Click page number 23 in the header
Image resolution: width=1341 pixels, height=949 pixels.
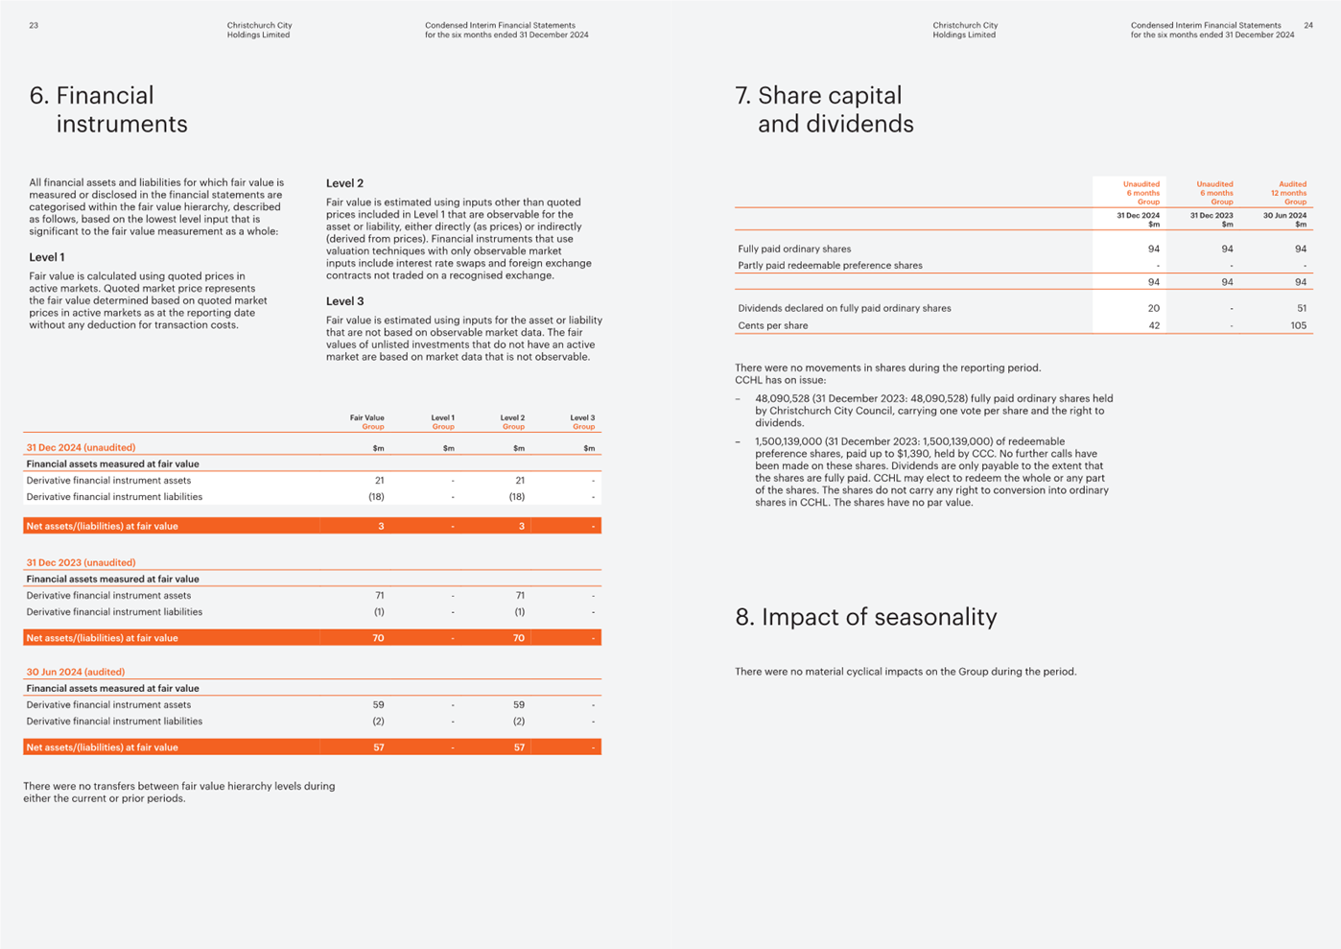tap(34, 25)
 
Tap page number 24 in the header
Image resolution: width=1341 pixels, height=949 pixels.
tap(1308, 25)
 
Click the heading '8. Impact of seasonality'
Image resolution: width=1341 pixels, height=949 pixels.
tap(865, 617)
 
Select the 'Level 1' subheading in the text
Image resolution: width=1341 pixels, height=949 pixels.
tap(47, 257)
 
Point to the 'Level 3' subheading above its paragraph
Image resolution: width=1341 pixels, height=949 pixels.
tap(344, 301)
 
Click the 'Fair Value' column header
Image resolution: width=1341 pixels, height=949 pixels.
tap(367, 417)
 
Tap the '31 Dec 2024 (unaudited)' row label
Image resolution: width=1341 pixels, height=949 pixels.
tap(81, 447)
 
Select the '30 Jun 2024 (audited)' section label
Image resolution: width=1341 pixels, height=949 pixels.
tap(76, 672)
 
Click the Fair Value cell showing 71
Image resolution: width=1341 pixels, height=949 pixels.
tap(380, 595)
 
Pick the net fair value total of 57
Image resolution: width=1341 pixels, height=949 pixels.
tap(379, 747)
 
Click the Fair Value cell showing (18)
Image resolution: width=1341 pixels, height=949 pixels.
tap(376, 496)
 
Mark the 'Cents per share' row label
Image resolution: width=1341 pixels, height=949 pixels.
tap(773, 325)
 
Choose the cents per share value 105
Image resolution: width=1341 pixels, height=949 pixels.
tap(1299, 325)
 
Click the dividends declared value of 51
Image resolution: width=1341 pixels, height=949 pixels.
tap(1302, 308)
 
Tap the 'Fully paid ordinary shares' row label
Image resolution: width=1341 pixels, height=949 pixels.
tap(794, 249)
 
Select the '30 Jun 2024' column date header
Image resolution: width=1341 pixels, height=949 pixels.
tap(1284, 215)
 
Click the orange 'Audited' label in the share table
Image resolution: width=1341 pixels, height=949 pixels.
tap(1292, 184)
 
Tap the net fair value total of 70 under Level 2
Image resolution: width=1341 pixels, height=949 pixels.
tap(518, 638)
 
